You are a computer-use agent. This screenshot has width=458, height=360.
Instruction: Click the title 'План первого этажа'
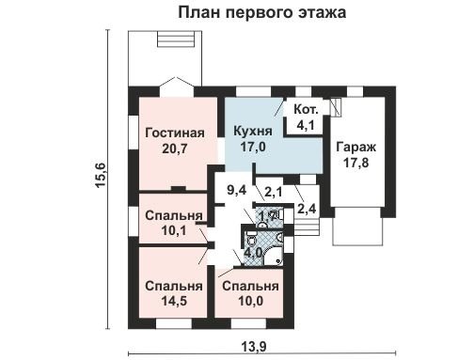click(262, 13)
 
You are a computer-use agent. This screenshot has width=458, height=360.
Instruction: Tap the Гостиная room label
click(175, 133)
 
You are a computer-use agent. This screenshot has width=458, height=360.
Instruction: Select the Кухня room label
click(253, 131)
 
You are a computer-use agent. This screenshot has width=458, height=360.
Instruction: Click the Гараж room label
click(356, 148)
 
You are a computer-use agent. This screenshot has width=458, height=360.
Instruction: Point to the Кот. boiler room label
click(306, 110)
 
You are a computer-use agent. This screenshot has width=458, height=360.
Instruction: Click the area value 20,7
click(175, 149)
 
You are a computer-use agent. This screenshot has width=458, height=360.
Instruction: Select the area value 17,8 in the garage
click(355, 163)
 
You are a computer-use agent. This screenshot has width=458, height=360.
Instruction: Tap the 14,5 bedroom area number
click(174, 301)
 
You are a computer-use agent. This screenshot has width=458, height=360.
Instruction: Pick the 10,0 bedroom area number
click(250, 301)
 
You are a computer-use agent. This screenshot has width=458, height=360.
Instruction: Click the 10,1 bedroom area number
click(174, 231)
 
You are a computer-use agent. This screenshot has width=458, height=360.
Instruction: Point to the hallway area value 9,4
click(237, 190)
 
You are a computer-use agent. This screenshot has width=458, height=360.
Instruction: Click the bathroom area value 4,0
click(254, 253)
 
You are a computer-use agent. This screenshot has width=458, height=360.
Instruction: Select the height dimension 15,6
click(102, 176)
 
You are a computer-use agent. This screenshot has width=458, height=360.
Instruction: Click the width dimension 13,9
click(254, 347)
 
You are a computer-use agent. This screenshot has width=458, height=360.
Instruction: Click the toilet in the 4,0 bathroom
click(251, 239)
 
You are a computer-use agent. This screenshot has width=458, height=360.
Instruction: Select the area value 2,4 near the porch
click(307, 209)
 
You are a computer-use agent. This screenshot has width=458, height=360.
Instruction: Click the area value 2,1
click(274, 192)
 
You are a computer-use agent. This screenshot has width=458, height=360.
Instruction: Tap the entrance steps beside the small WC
click(307, 227)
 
